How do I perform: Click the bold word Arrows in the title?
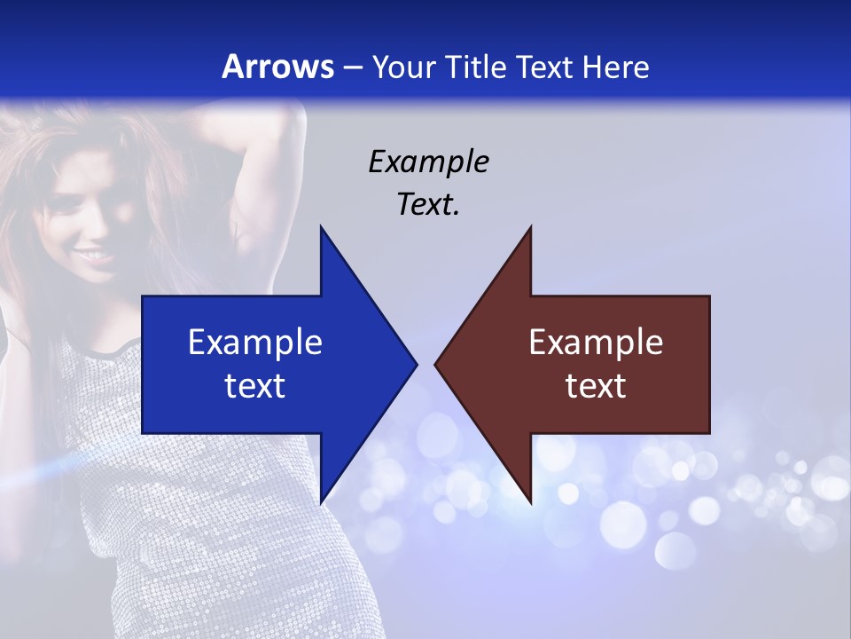coord(278,67)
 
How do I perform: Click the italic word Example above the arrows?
coord(428,162)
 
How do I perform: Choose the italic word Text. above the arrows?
coord(428,204)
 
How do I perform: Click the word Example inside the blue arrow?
coord(255,342)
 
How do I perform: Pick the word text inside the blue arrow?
coord(255,385)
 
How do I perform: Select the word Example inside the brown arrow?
coord(596,342)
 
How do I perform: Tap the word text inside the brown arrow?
coord(596,385)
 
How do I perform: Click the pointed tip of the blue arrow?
coord(416,364)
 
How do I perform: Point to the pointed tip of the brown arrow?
coord(435,364)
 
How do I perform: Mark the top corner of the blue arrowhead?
coord(321,227)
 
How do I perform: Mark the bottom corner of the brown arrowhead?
coord(530,502)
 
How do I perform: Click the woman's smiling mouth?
coord(95,256)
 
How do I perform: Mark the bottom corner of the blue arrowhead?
coord(321,502)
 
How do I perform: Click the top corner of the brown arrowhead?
coord(530,227)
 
